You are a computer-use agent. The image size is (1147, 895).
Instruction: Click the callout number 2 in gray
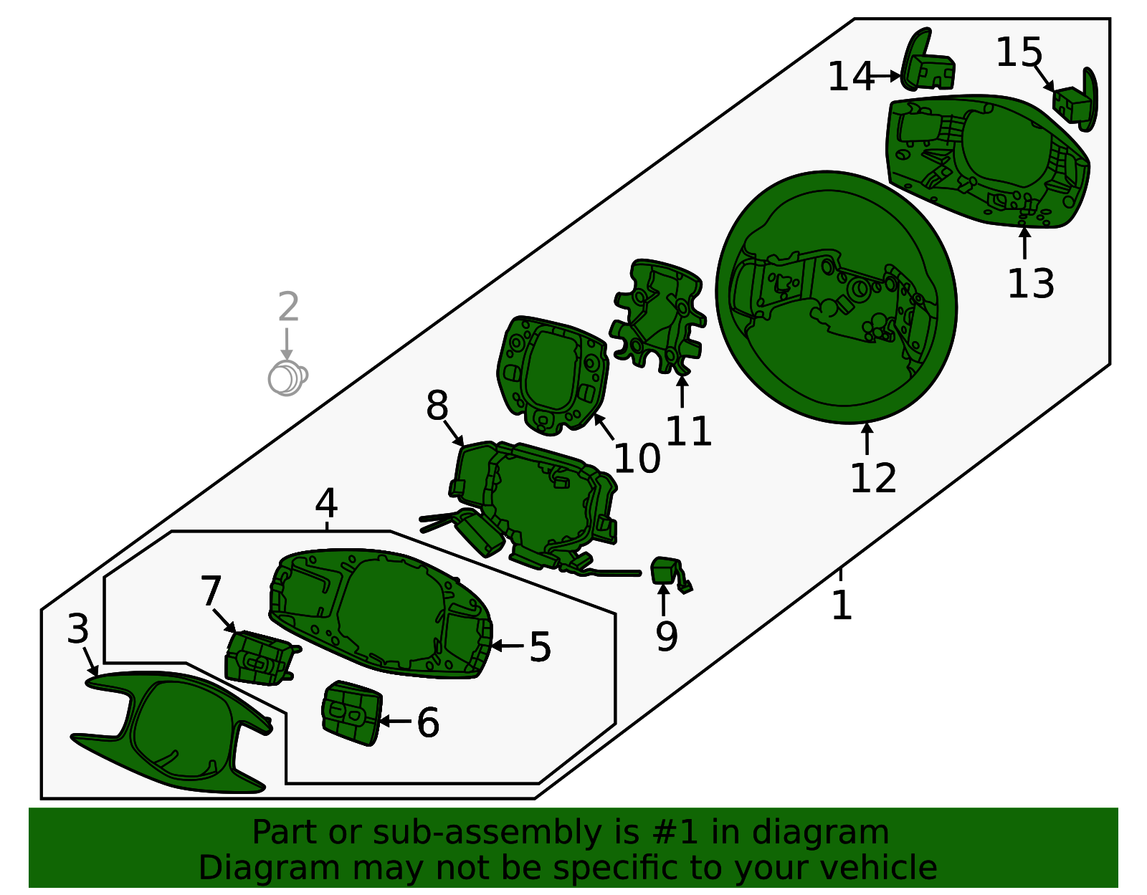[x=288, y=307]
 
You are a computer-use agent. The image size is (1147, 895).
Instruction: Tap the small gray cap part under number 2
[x=287, y=378]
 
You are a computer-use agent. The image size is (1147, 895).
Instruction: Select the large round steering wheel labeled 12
[x=836, y=297]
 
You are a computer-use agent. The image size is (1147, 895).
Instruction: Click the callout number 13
[x=1030, y=284]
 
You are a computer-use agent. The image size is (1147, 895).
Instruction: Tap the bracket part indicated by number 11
[x=657, y=315]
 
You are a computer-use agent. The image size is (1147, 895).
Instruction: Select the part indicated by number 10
[x=551, y=375]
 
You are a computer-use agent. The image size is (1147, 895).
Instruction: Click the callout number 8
[x=437, y=406]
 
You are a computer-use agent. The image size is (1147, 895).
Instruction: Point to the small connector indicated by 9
[x=670, y=575]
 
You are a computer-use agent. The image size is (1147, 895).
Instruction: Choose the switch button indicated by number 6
[x=351, y=713]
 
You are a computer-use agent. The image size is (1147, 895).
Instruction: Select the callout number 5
[x=540, y=647]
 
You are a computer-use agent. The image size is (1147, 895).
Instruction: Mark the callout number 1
[x=842, y=605]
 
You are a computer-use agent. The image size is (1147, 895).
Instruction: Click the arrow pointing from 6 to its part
[x=395, y=721]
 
